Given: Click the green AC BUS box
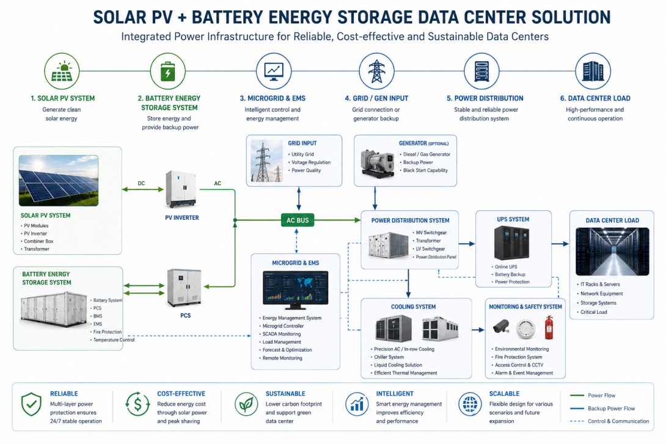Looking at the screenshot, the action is (298, 220).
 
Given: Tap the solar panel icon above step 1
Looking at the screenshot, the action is (62, 71).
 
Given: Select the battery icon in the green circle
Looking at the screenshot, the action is (168, 71).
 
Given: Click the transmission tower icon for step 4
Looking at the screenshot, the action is (376, 71).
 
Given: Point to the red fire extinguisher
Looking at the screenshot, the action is (549, 327).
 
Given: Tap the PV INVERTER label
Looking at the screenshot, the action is (182, 218).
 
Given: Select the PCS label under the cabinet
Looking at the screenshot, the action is (185, 315).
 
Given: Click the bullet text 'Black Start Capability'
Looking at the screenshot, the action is (425, 170).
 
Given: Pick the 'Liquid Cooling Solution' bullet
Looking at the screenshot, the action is (398, 365).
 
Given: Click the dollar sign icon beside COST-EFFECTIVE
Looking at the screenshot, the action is (137, 404).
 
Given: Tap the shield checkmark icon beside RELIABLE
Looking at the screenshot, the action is (31, 404).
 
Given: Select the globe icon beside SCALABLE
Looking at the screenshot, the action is (470, 404).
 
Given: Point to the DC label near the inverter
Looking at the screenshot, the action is (141, 183).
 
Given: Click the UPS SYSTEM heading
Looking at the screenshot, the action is (513, 219).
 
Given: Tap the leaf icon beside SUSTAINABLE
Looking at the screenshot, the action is (246, 404).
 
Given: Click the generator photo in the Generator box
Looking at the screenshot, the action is (377, 162).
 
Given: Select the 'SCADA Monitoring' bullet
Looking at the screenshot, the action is (282, 334).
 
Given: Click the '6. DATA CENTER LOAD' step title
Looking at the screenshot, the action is (595, 98).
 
